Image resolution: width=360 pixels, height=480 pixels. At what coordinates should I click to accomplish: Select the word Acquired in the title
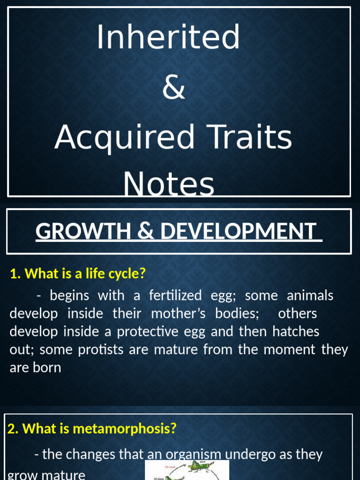pyautogui.click(x=124, y=137)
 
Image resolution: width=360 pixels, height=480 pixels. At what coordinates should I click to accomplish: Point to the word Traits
pyautogui.click(x=253, y=137)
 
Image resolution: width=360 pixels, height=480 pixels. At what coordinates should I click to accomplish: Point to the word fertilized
pyautogui.click(x=175, y=296)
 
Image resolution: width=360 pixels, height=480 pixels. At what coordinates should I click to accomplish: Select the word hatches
pyautogui.click(x=296, y=331)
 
